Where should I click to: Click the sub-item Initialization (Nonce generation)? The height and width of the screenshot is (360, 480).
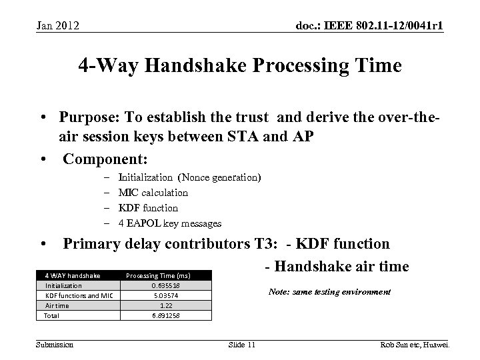tap(189, 177)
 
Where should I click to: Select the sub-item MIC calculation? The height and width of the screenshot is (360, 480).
tap(153, 193)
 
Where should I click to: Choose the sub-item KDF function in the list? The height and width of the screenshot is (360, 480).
tap(147, 208)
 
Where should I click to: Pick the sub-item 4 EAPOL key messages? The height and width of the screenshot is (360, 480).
tap(169, 223)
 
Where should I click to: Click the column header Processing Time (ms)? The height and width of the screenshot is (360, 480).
tap(158, 275)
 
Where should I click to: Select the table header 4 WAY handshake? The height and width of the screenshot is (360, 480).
tap(73, 275)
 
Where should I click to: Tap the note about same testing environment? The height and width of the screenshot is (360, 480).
tap(329, 292)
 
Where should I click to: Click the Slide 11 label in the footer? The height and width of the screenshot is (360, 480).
tap(241, 344)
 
